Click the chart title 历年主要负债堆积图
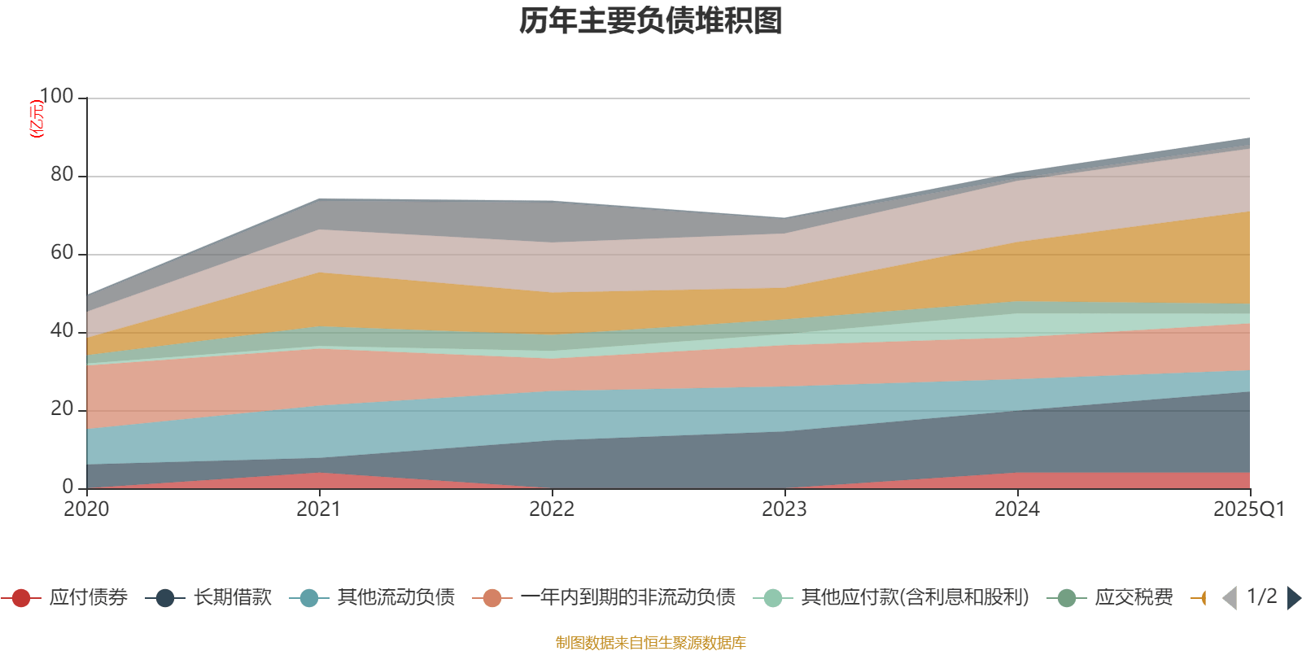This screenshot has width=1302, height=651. pos(651,21)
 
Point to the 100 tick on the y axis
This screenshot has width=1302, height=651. pos(56,97)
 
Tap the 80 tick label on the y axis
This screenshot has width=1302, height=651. pos(62,175)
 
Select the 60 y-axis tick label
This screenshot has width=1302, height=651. pos(62,253)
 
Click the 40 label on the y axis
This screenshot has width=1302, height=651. pos(62,331)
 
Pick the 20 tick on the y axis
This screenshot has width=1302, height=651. pos(62,409)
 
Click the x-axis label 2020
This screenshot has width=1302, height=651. pos(86,509)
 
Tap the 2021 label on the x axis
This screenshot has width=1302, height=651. pos(319,509)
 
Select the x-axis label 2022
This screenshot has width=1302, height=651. pos(552,509)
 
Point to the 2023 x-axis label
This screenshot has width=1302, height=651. pos(784,509)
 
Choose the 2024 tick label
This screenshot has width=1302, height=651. pos(1017,509)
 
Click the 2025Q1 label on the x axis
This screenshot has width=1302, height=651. pos(1248,509)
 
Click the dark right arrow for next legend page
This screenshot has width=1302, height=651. pos(1293,598)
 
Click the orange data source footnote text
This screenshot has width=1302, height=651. pos(651,643)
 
